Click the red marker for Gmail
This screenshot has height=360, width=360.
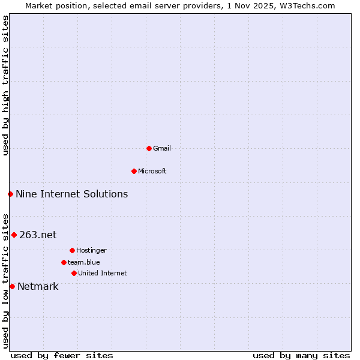[x=149, y=148]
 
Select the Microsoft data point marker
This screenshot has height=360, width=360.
[x=134, y=171]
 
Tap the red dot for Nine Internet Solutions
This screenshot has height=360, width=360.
[x=10, y=194]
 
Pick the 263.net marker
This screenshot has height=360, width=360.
[x=14, y=235]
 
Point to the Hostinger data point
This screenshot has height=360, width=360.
[x=72, y=250]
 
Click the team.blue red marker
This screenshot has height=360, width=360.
[x=64, y=262]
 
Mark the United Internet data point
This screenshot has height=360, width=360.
[x=74, y=273]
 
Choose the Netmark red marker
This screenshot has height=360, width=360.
[x=12, y=286]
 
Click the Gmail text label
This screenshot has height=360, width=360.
[x=162, y=148]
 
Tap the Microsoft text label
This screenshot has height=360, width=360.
[x=152, y=171]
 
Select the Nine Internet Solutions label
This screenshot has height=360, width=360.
[x=71, y=194]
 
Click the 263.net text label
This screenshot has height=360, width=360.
[x=38, y=235]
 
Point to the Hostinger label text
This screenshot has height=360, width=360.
[x=91, y=250]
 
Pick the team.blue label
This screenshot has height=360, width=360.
[x=84, y=262]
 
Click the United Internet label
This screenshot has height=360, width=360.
[x=103, y=273]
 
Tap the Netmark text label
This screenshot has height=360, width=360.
[x=38, y=286]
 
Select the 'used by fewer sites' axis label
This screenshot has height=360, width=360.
[x=62, y=355]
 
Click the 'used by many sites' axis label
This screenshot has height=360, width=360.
[x=301, y=355]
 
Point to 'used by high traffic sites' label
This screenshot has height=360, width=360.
[x=5, y=85]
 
